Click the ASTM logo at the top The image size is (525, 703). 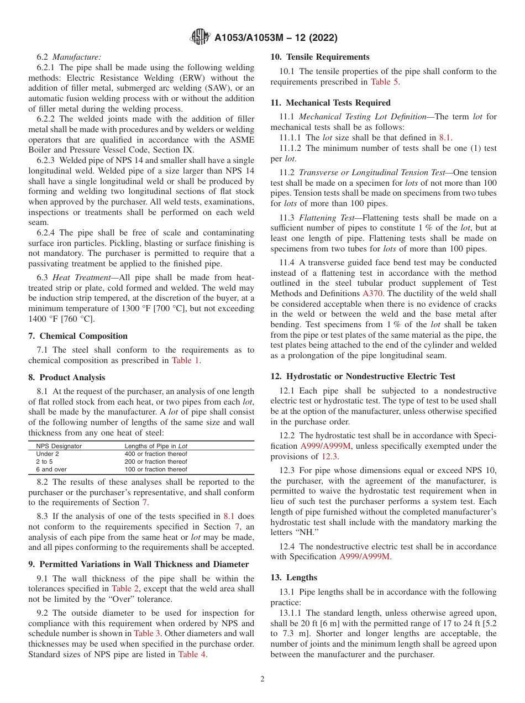pyautogui.click(x=200, y=37)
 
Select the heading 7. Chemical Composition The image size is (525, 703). pyautogui.click(x=78, y=336)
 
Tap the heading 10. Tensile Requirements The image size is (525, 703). pyautogui.click(x=320, y=57)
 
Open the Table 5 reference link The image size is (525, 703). pyautogui.click(x=384, y=82)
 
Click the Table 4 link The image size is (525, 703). pyautogui.click(x=192, y=654)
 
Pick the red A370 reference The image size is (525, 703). pyautogui.click(x=372, y=293)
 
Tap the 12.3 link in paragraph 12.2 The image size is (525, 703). pyautogui.click(x=329, y=457)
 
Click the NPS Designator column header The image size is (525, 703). pyautogui.click(x=59, y=446)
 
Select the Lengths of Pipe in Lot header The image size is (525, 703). pyautogui.click(x=158, y=446)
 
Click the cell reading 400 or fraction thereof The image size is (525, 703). pyautogui.click(x=156, y=454)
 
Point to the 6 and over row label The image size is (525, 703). pyautogui.click(x=51, y=469)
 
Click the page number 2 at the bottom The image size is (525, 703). pyautogui.click(x=262, y=679)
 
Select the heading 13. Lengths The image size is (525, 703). pyautogui.click(x=293, y=578)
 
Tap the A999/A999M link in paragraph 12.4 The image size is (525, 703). pyautogui.click(x=364, y=557)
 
